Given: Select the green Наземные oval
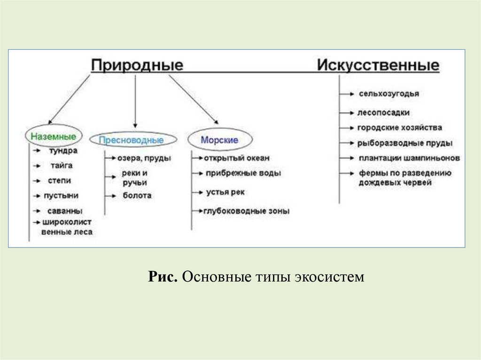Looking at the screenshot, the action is [x=53, y=137].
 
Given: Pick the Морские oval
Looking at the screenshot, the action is [x=219, y=140].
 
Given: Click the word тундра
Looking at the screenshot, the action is [x=62, y=151].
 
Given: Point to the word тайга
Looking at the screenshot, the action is [x=61, y=166].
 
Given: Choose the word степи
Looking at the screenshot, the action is [x=59, y=180].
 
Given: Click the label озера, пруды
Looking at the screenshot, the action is [x=144, y=158].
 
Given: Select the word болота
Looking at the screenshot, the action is [x=137, y=195].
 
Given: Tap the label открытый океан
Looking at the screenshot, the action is [x=237, y=158].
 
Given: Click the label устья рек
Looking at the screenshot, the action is [x=225, y=192].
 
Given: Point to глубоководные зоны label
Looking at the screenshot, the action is [x=247, y=211].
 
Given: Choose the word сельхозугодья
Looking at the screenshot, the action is [x=388, y=94].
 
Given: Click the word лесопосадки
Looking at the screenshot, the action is [x=383, y=113].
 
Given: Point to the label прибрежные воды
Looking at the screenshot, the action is [x=243, y=173].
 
